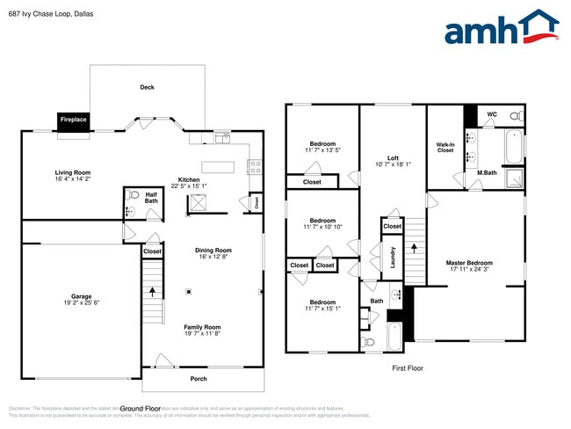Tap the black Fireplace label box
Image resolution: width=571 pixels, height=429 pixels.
(x=73, y=119)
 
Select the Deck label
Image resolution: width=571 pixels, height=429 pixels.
(x=148, y=87)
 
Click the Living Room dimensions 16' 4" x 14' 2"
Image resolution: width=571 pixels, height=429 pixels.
(x=73, y=179)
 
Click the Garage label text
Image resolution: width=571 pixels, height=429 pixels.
(x=82, y=296)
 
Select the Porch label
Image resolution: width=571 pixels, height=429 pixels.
(x=199, y=379)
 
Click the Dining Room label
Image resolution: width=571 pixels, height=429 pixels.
(x=213, y=250)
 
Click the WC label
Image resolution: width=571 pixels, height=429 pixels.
(x=492, y=114)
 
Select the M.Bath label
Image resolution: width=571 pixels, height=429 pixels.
(x=488, y=172)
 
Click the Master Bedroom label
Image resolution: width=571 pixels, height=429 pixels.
(x=469, y=263)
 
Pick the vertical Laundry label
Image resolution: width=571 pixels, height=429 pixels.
(x=393, y=258)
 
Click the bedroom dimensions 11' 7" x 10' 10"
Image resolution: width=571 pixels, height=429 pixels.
(x=322, y=227)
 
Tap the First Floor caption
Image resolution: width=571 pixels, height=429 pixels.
(x=408, y=368)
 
